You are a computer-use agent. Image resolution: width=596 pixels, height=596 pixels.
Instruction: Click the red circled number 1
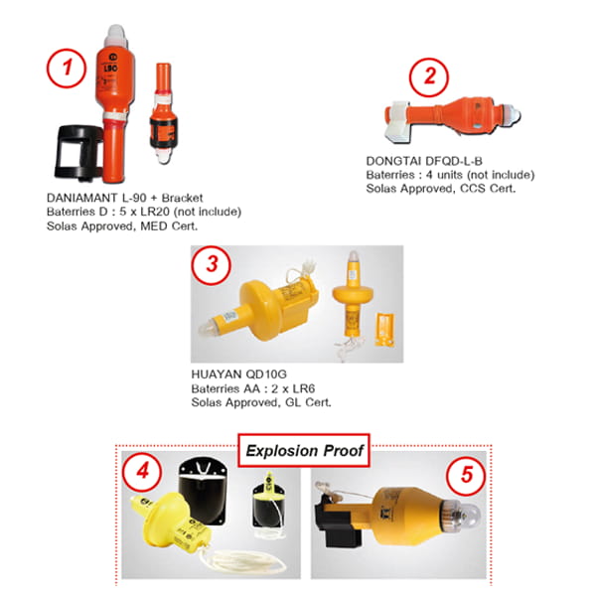[x=67, y=69]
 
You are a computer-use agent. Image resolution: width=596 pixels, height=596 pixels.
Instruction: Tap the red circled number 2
[x=429, y=77]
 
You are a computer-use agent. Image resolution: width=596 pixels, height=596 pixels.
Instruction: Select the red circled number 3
[x=211, y=265]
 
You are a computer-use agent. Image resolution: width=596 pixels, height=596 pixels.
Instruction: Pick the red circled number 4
[x=142, y=472]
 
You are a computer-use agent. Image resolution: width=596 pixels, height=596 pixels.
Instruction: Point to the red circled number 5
[x=466, y=475]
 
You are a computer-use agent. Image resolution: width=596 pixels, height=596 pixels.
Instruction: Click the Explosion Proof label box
[x=304, y=450]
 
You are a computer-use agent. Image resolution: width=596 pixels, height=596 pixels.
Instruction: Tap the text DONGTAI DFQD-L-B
[x=424, y=161]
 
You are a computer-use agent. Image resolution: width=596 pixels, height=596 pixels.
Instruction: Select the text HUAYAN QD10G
[x=238, y=374]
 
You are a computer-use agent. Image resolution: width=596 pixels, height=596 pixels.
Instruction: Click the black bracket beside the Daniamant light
[x=79, y=153]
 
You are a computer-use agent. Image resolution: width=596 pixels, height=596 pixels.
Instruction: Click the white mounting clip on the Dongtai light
[x=396, y=121]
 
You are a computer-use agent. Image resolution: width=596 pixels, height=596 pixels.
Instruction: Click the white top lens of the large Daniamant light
[x=116, y=36]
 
